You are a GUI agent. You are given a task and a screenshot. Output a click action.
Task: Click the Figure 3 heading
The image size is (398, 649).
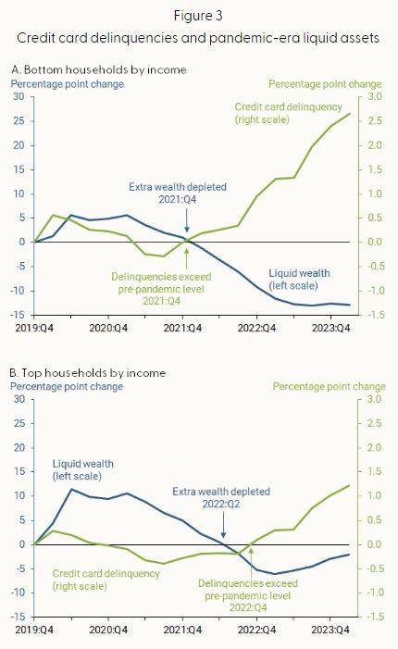point(198,16)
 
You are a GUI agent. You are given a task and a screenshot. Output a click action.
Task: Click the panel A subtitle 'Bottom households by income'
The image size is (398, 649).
point(106,69)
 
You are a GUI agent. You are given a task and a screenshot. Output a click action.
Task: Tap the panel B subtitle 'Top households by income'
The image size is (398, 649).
point(93,373)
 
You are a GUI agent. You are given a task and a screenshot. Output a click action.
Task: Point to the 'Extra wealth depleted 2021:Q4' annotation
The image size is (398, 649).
point(178,193)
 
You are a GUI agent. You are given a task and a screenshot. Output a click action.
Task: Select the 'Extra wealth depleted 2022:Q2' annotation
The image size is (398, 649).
point(221,497)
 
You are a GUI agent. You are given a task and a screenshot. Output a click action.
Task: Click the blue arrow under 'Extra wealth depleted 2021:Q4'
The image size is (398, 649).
point(187,220)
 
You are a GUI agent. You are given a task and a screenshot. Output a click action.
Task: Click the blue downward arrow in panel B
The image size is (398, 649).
point(223,525)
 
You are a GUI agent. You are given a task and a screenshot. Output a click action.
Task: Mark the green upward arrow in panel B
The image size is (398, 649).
point(251,563)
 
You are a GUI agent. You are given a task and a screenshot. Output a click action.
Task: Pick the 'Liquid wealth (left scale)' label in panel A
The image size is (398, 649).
point(299,280)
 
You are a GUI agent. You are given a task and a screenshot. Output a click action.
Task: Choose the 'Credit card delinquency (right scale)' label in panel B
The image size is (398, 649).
point(106,580)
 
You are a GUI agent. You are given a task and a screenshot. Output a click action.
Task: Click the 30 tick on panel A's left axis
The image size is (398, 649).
point(19,96)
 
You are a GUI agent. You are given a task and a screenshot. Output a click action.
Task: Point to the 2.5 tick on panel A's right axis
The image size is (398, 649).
point(374,121)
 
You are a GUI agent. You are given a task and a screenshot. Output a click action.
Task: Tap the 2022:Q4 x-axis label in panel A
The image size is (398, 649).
point(256,329)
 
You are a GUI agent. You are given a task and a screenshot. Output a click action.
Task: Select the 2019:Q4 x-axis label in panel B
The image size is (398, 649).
point(34,630)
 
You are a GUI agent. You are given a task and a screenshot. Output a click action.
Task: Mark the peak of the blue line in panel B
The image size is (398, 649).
point(71,489)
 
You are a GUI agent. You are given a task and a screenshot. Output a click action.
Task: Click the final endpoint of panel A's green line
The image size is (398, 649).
point(350,113)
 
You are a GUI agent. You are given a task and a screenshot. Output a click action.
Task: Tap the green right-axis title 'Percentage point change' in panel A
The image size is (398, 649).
point(325,84)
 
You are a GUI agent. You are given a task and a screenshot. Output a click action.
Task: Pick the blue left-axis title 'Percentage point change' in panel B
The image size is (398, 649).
point(67,387)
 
